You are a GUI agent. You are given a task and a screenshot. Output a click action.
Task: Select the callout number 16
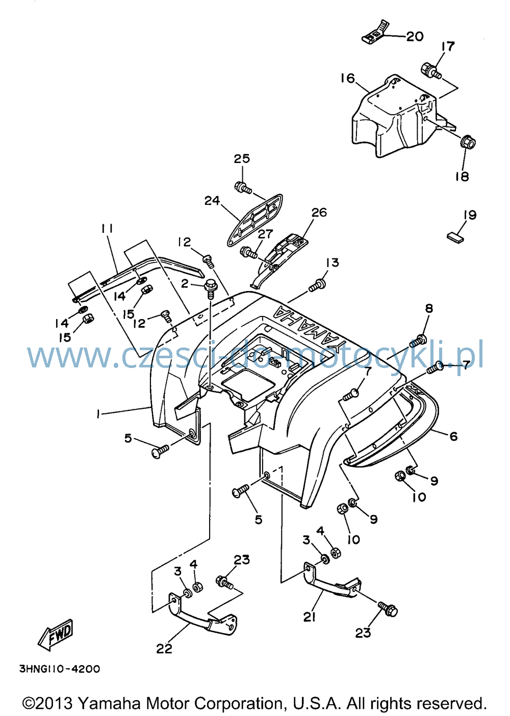(348, 78)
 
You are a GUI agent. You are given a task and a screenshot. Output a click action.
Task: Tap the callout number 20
(415, 37)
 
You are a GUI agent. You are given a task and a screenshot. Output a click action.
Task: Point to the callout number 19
(470, 215)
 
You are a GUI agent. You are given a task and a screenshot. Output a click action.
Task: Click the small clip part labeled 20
(376, 32)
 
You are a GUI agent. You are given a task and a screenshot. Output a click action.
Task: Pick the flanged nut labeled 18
(468, 142)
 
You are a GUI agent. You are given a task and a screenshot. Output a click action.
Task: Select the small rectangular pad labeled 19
(455, 238)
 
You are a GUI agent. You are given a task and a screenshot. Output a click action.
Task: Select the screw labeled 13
(318, 285)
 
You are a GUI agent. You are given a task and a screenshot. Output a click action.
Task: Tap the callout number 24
(212, 201)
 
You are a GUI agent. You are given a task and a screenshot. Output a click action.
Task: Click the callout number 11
(107, 229)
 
